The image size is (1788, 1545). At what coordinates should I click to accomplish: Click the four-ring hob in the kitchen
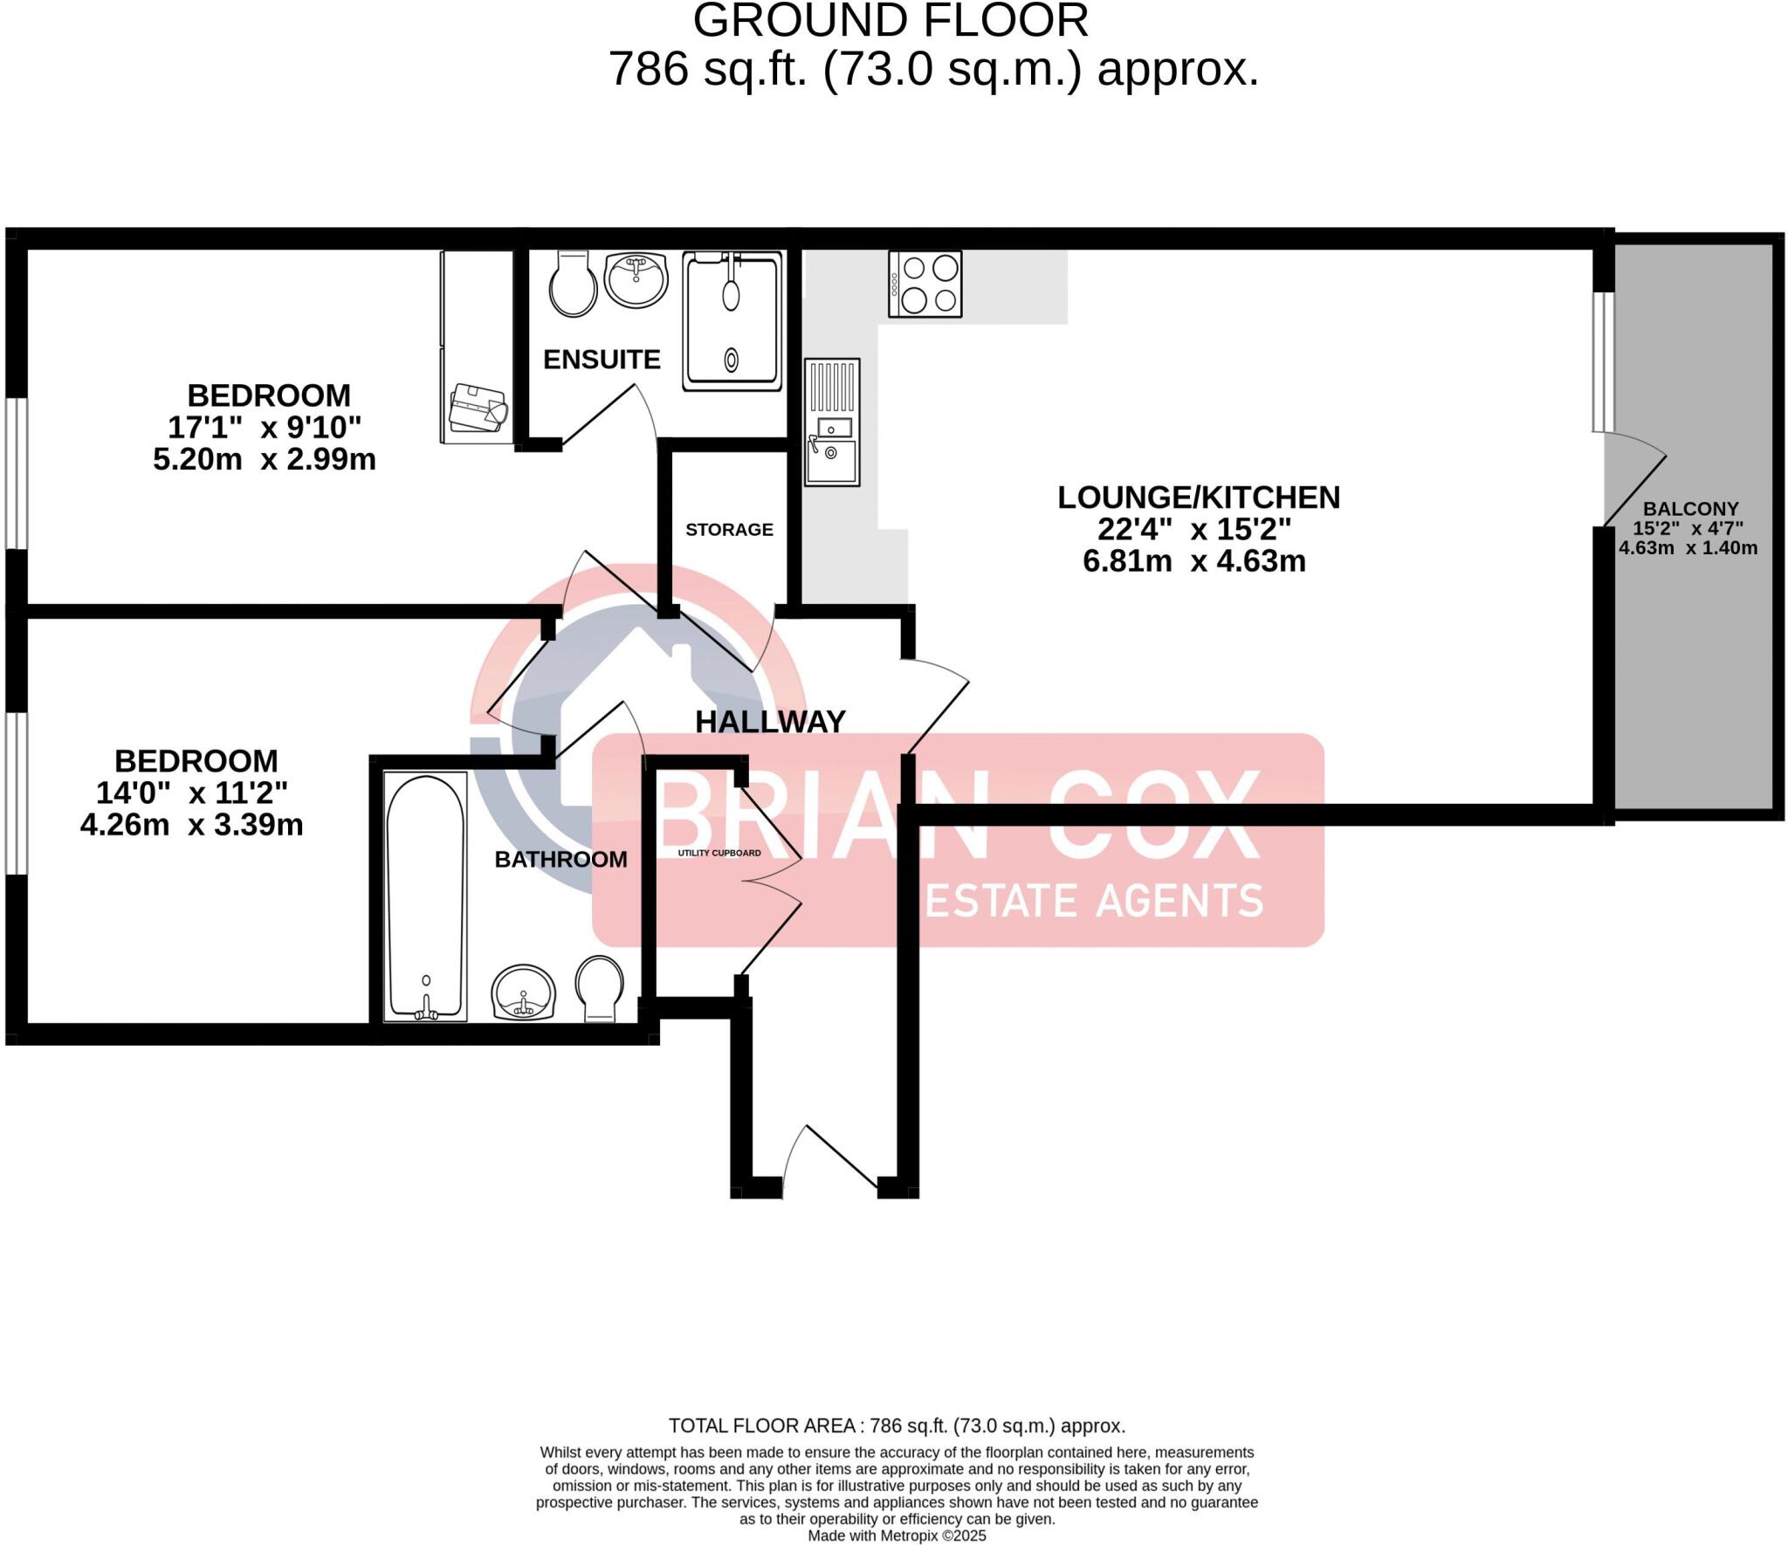pos(925,284)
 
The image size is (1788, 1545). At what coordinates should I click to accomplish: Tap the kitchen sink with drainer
pos(832,422)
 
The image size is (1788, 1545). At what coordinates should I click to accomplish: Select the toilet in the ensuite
pos(573,284)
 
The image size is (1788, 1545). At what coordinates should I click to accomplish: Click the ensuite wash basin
pos(636,280)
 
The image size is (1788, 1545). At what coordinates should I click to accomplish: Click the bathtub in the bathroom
pos(426,896)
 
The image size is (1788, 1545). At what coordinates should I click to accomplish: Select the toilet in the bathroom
pos(600,987)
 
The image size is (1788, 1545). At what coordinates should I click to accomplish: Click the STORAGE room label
pos(729,530)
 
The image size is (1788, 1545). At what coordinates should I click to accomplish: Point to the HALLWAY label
pos(770,722)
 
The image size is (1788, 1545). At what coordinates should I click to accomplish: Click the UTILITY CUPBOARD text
pos(719,853)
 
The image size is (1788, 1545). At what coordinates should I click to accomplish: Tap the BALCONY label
pos(1690,509)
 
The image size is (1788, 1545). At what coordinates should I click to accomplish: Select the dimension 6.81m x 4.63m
pos(1193,561)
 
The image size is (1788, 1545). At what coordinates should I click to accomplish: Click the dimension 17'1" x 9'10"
pos(265,428)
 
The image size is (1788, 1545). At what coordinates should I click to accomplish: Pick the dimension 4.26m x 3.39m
pos(192,825)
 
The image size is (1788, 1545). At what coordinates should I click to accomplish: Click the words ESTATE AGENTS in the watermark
pos(1093,901)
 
